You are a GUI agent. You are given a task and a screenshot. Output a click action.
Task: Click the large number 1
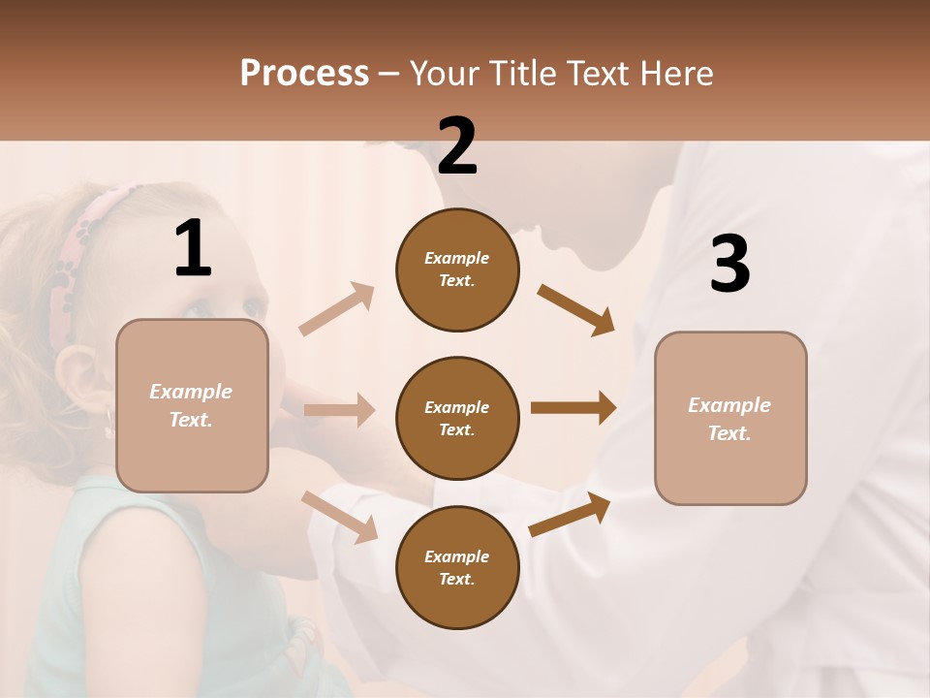click(x=193, y=249)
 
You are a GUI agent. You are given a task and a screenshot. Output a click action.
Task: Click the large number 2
click(x=457, y=146)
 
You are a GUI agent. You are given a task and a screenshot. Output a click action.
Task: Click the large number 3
click(x=729, y=264)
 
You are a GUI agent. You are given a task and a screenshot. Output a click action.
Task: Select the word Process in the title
click(x=304, y=73)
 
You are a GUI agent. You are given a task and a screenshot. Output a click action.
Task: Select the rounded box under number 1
click(x=192, y=405)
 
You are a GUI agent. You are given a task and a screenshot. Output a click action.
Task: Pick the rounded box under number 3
click(x=730, y=419)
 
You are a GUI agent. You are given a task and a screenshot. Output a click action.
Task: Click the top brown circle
click(x=457, y=270)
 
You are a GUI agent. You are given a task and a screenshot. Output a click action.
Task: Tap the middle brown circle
click(x=457, y=418)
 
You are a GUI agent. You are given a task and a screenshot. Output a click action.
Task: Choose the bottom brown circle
click(x=457, y=567)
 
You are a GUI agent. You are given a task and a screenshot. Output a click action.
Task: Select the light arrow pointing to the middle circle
click(x=339, y=410)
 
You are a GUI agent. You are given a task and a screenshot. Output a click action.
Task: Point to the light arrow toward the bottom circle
click(x=340, y=516)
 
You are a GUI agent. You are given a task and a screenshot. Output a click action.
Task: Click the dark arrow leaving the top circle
click(x=576, y=309)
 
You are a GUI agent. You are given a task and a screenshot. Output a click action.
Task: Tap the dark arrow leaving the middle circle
click(x=573, y=407)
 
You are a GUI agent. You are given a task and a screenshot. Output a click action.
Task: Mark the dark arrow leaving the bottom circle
click(x=571, y=515)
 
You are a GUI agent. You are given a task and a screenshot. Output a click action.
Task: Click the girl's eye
click(x=198, y=308)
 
